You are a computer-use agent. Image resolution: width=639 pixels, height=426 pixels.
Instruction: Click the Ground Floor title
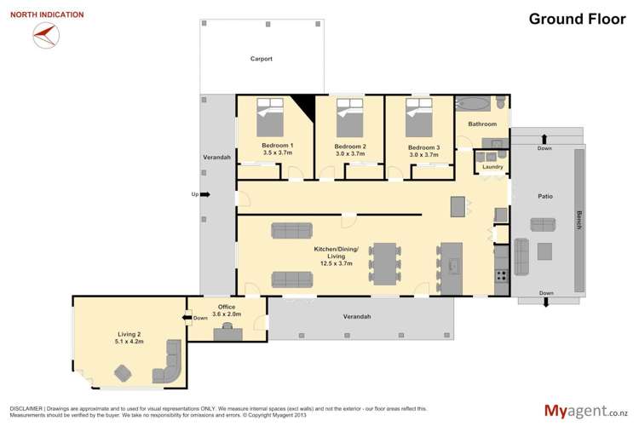pyautogui.click(x=577, y=19)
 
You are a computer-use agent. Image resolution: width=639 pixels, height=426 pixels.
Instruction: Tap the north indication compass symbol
pyautogui.click(x=46, y=35)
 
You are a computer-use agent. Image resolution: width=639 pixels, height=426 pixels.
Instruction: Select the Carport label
pyautogui.click(x=262, y=59)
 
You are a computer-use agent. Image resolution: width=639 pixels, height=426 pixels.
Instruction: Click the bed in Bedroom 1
pyautogui.click(x=270, y=117)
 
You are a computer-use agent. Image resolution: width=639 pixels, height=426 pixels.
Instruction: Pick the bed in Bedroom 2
pyautogui.click(x=349, y=118)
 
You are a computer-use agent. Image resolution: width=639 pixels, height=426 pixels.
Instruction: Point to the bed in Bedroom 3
pyautogui.click(x=419, y=118)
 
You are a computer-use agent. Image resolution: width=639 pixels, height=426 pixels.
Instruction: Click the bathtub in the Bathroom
pyautogui.click(x=473, y=104)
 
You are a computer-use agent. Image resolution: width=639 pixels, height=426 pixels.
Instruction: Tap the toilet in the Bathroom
pyautogui.click(x=501, y=102)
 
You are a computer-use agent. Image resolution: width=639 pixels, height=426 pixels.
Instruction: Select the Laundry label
pyautogui.click(x=492, y=167)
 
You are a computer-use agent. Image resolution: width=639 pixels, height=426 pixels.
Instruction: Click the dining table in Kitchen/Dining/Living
pyautogui.click(x=385, y=264)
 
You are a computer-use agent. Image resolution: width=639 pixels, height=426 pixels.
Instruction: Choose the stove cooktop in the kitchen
pyautogui.click(x=502, y=276)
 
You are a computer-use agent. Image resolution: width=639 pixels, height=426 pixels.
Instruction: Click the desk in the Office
pyautogui.click(x=227, y=334)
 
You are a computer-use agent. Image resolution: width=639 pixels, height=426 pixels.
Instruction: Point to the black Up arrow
pyautogui.click(x=205, y=194)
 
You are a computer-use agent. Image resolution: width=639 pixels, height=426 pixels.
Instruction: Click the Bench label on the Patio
pyautogui.click(x=579, y=220)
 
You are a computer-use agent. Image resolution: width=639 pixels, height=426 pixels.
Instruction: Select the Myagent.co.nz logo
pyautogui.click(x=586, y=411)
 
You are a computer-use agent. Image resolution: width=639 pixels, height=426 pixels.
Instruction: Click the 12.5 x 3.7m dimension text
pyautogui.click(x=337, y=264)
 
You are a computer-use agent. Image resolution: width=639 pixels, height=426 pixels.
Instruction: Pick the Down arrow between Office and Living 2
pyautogui.click(x=187, y=318)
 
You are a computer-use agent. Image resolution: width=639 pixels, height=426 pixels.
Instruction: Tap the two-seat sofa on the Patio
pyautogui.click(x=543, y=225)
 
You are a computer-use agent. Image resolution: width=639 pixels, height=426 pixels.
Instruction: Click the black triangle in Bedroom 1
pyautogui.click(x=306, y=105)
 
